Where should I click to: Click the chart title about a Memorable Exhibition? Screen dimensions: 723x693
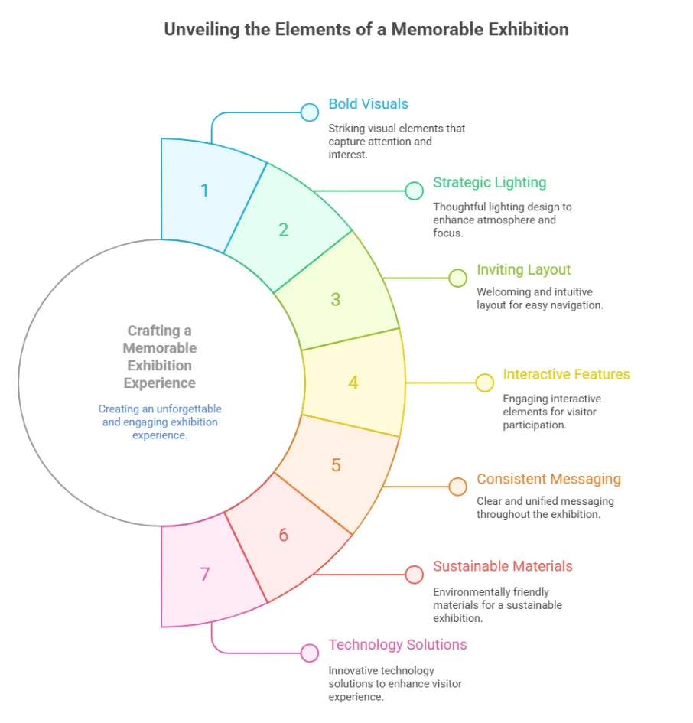pos(366,30)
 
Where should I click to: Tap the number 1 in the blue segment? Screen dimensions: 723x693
pos(204,190)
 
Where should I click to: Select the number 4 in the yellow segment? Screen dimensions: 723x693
pos(353,382)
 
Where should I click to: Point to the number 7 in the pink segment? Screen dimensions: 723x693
pos(204,574)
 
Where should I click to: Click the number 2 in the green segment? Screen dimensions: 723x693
pos(283,230)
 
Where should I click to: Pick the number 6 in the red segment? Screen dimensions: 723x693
pos(283,535)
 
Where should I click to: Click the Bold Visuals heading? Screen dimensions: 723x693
pos(368,104)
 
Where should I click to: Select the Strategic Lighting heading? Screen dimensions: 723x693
pos(490,183)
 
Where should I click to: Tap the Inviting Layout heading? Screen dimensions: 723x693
pos(523,270)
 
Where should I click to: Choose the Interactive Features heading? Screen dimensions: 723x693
pos(566,374)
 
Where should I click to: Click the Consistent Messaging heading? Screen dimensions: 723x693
pos(548,479)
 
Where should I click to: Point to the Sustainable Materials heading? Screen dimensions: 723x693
pos(503,566)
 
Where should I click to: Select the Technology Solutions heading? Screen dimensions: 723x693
pos(398,644)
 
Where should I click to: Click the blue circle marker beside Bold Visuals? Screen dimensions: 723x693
pos(309,112)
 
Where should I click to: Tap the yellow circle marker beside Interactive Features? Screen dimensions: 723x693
pos(485,383)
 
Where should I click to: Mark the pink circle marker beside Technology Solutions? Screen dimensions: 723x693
pos(309,653)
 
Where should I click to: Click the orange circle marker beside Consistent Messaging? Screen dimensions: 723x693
pos(457,487)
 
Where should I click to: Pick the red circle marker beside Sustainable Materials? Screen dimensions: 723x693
pos(414,574)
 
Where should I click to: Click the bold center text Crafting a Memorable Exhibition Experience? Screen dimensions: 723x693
pos(160,357)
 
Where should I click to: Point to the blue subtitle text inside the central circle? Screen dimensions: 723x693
pos(160,422)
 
